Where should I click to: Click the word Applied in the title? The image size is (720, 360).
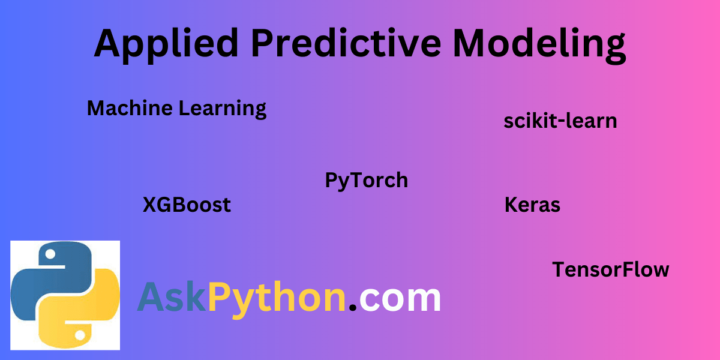(167, 44)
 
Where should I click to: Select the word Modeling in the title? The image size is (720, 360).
(539, 44)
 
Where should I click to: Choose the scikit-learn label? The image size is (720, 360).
(560, 121)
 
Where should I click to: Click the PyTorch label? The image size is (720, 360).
(366, 180)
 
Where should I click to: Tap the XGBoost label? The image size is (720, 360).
(187, 205)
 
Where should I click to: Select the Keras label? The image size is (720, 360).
(532, 205)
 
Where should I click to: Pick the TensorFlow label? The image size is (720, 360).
(610, 269)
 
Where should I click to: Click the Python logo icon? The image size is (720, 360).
(65, 295)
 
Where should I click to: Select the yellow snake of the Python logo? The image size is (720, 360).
(84, 312)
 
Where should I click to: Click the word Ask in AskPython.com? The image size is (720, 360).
(172, 298)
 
